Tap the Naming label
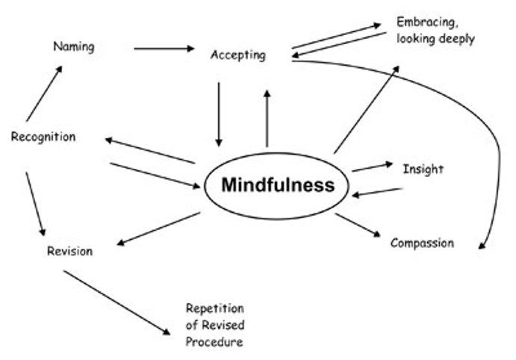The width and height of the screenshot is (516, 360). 74,47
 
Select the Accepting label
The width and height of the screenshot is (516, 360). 237,56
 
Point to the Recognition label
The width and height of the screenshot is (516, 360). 43,137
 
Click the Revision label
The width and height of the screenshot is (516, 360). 69,251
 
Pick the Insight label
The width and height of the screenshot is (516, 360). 423,169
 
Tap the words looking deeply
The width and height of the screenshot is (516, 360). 436,39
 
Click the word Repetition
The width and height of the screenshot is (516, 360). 215,308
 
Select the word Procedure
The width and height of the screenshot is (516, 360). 214,342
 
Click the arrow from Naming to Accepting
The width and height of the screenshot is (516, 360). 163,49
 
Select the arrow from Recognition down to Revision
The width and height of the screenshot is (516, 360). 35,204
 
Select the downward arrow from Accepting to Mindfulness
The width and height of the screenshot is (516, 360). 218,114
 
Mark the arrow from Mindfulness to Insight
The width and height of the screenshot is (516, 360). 372,167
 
